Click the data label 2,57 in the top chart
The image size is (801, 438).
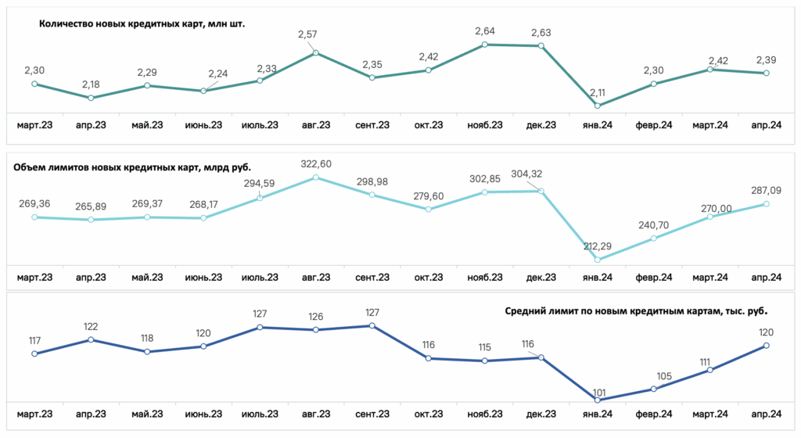307,34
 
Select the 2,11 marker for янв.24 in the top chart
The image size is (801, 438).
597,106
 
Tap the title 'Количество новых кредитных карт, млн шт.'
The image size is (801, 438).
142,23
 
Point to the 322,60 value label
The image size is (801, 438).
316,164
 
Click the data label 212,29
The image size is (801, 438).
597,246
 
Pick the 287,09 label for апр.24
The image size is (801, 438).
766,190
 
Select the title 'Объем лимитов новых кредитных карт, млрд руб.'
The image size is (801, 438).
132,167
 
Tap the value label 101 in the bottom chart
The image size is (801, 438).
598,393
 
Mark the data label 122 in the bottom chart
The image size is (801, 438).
91,327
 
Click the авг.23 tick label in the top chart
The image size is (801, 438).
316,125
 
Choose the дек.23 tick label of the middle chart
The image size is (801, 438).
541,277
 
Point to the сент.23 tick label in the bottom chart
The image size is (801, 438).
372,414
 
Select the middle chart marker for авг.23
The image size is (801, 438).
316,178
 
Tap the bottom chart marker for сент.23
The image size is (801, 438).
372,325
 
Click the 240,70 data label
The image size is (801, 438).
653,225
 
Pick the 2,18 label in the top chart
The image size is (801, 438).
91,84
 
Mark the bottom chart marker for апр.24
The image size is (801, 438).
767,346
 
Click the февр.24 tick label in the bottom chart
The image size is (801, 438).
653,414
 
